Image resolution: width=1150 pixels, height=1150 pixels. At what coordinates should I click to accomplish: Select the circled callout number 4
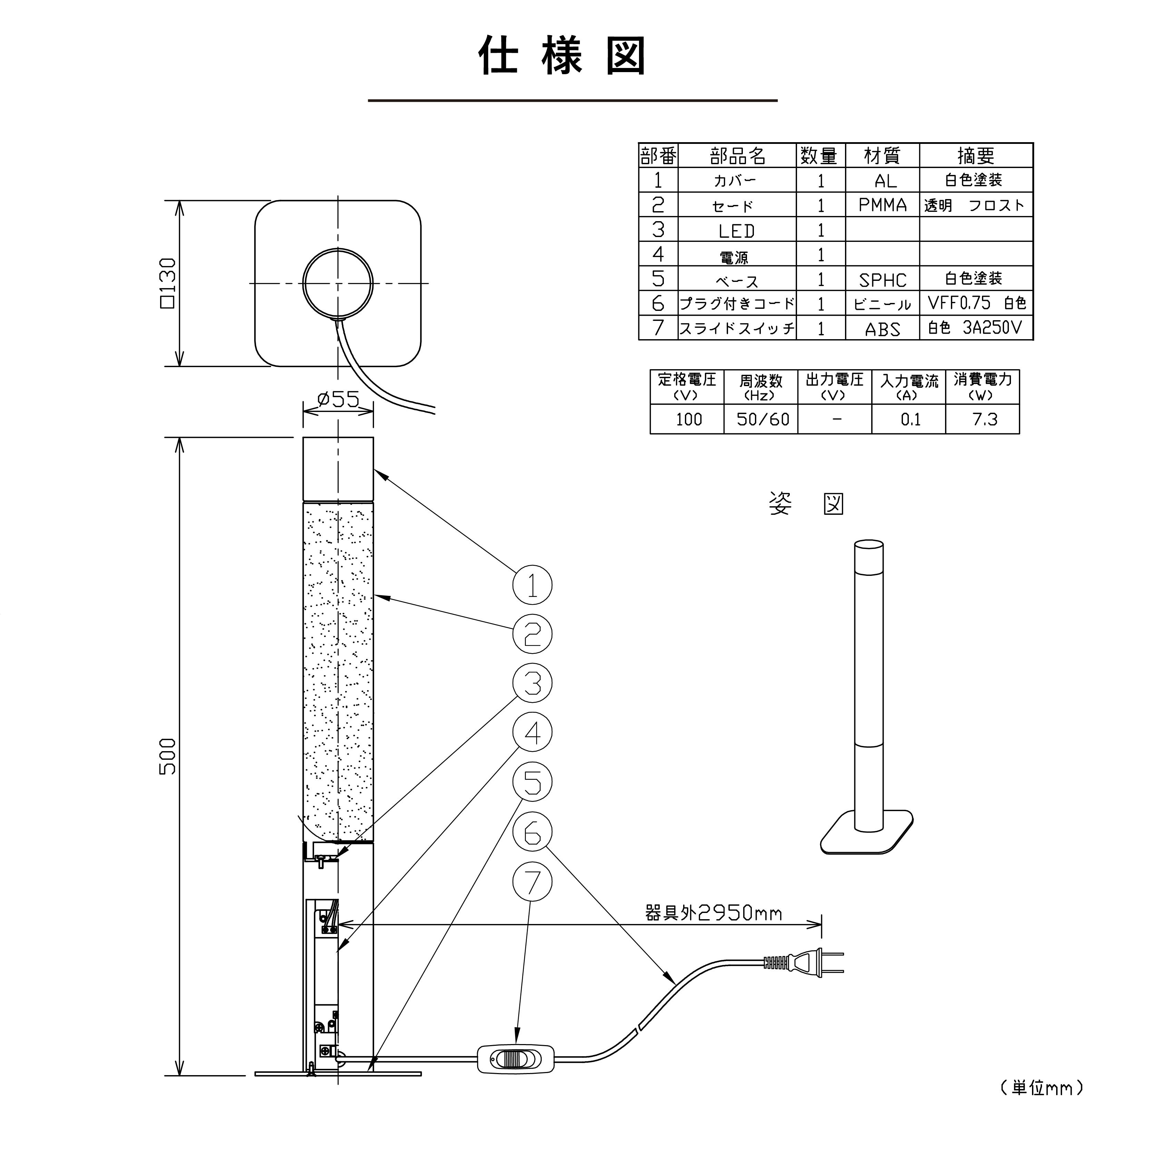(532, 733)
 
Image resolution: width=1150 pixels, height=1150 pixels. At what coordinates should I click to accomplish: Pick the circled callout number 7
(532, 882)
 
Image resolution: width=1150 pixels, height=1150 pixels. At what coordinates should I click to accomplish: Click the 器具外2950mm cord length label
(713, 913)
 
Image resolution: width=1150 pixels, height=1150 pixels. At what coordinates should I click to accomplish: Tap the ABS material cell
(882, 328)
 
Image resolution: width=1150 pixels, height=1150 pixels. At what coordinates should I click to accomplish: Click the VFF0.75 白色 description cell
(976, 304)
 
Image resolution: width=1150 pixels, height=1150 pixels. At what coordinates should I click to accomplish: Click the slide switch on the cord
(515, 1060)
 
